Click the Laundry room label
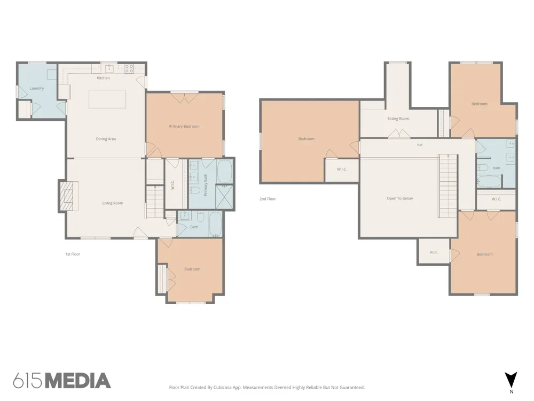pyautogui.click(x=37, y=88)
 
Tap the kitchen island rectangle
pyautogui.click(x=107, y=99)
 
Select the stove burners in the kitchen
pyautogui.click(x=129, y=69)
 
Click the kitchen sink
pyautogui.click(x=109, y=68)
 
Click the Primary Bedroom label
pyautogui.click(x=184, y=127)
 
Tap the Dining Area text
pyautogui.click(x=106, y=139)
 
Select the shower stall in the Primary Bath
pyautogui.click(x=225, y=197)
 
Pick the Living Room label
pyautogui.click(x=113, y=203)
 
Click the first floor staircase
pyautogui.click(x=155, y=202)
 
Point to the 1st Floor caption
pyautogui.click(x=73, y=254)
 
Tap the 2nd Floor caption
pyautogui.click(x=268, y=199)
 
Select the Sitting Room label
pyautogui.click(x=398, y=119)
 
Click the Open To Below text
pyautogui.click(x=400, y=198)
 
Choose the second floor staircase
pyautogui.click(x=447, y=186)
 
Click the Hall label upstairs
pyautogui.click(x=420, y=145)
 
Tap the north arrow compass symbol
pyautogui.click(x=511, y=380)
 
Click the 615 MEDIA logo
pyautogui.click(x=62, y=381)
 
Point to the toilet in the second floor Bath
pyautogui.click(x=482, y=167)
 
